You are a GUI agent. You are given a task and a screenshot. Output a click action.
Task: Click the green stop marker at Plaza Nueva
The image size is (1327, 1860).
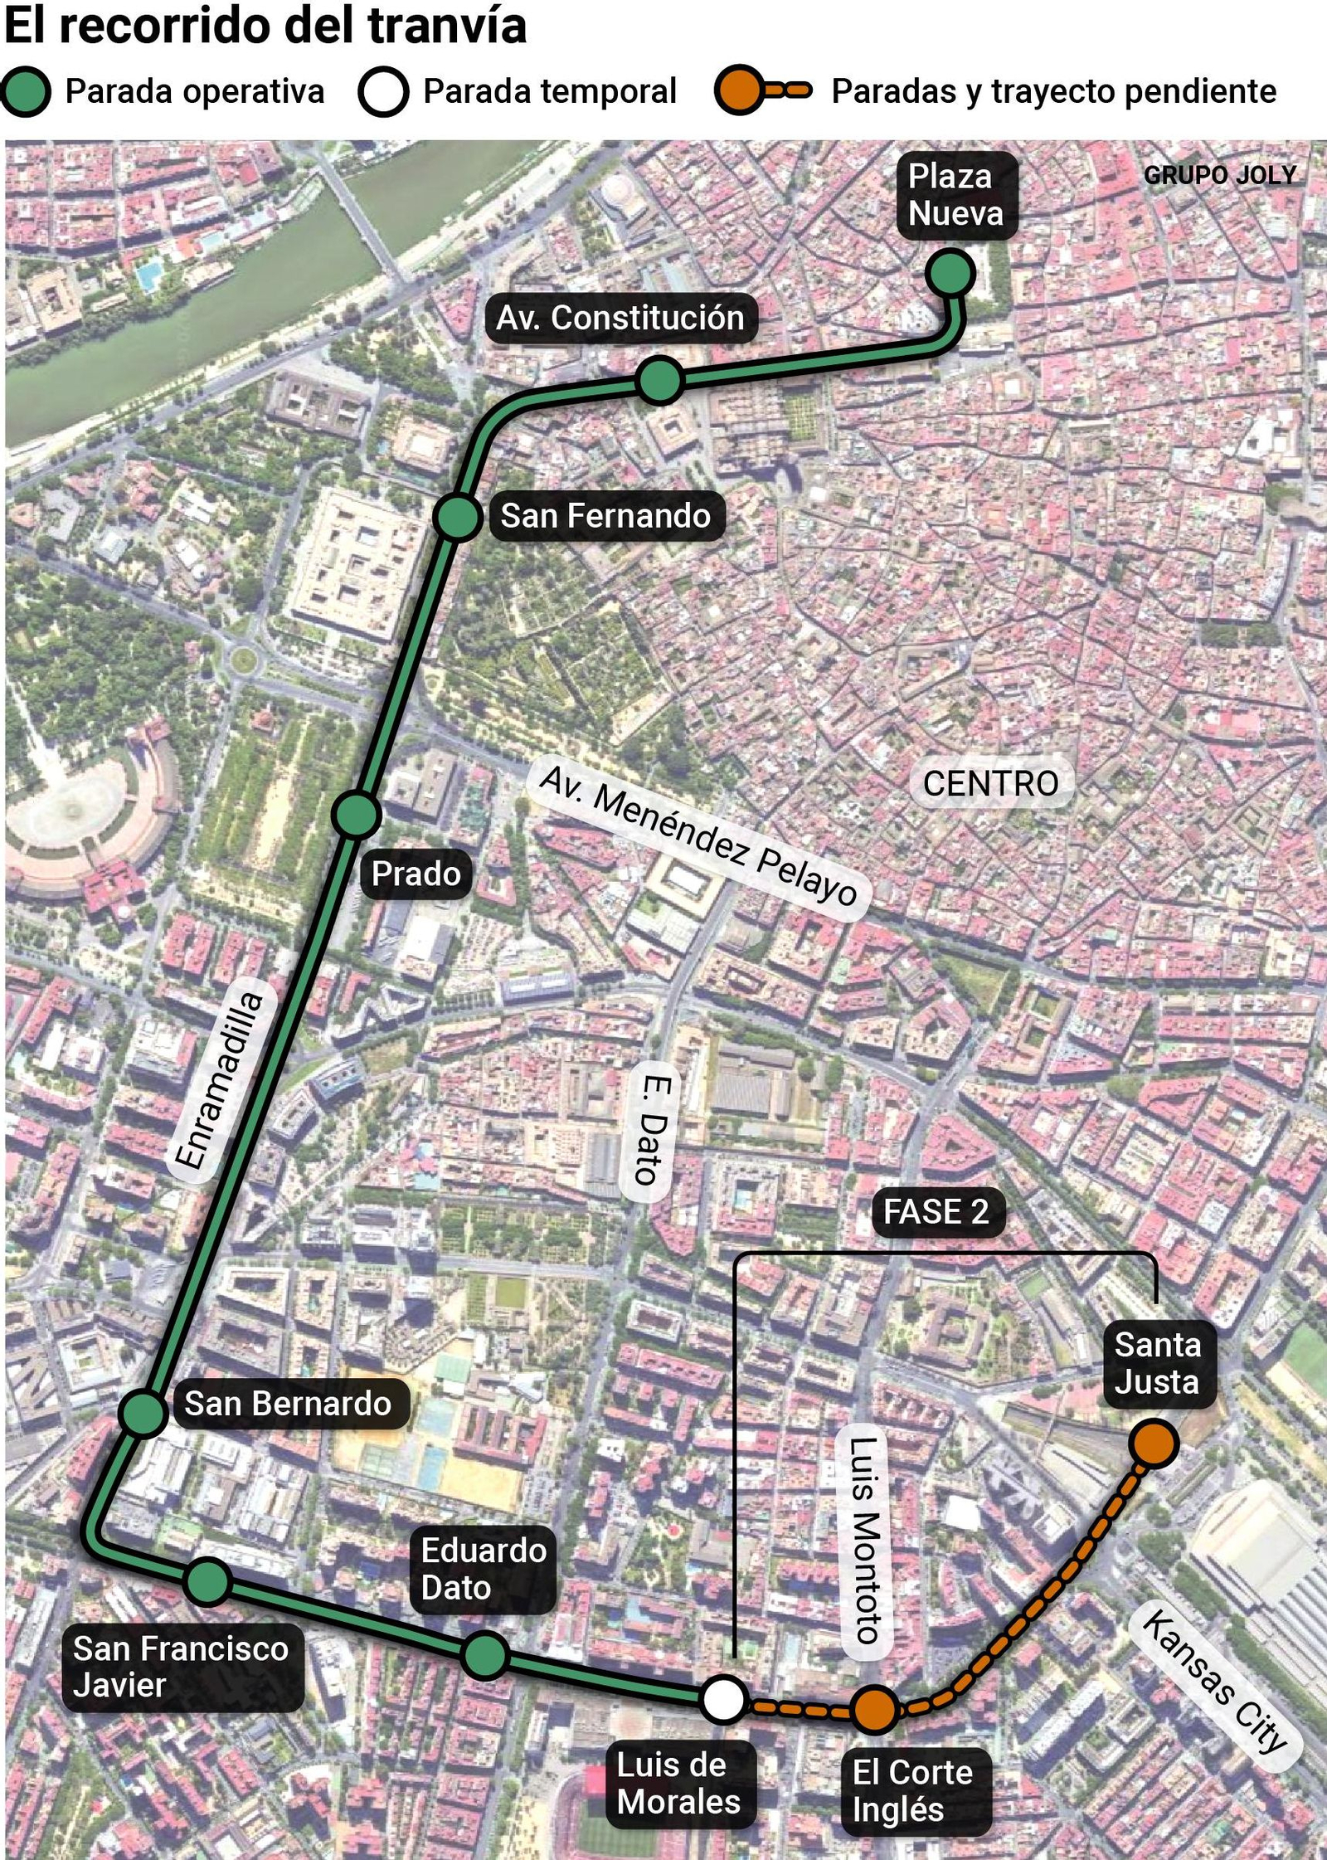(950, 273)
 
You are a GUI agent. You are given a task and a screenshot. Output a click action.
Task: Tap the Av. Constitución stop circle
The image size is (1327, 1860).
(660, 381)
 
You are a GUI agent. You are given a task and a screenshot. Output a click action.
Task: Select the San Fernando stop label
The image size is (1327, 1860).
(605, 516)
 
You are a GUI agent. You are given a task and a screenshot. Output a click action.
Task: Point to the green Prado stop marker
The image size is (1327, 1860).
(357, 814)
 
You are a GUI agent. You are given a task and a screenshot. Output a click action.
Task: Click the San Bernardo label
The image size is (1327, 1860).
(288, 1404)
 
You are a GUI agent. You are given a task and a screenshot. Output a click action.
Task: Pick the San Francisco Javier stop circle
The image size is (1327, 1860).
(208, 1581)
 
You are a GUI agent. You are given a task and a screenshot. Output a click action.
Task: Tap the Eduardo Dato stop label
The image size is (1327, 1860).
(483, 1570)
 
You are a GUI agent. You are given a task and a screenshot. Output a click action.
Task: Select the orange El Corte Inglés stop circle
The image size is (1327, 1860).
(874, 1709)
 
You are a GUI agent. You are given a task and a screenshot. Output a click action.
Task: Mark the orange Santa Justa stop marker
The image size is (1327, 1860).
(1154, 1443)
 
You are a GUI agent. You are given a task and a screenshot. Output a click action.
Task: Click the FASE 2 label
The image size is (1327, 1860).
(936, 1212)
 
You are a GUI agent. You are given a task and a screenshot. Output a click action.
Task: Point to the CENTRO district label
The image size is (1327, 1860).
(990, 783)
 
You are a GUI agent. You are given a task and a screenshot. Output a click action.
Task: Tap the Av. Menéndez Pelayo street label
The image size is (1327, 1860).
(698, 835)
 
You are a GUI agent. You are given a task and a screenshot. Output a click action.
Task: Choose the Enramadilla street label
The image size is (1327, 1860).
(219, 1081)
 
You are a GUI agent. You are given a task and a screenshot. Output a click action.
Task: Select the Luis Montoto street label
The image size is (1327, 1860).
(864, 1541)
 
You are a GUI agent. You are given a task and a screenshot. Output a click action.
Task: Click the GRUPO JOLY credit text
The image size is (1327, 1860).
(1219, 175)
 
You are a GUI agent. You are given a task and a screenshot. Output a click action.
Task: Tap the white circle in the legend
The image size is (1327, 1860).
(382, 91)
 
